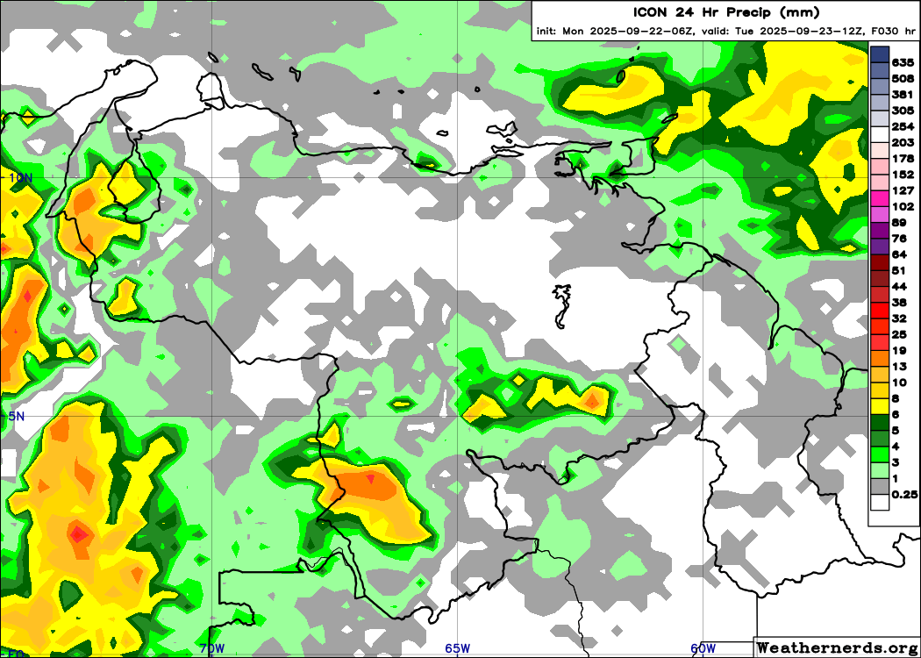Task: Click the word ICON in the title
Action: coord(653,12)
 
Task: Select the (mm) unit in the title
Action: coord(803,12)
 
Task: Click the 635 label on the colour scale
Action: coord(903,62)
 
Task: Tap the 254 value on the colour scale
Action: coord(903,126)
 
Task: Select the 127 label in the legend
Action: coord(903,190)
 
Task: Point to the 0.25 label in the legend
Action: coord(904,495)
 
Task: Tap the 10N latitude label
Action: coord(19,177)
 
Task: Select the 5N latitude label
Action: coord(16,416)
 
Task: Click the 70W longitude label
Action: coord(211,649)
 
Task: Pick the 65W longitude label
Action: coord(457,649)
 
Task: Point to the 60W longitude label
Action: coord(703,649)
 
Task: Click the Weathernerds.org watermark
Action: coord(838,647)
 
